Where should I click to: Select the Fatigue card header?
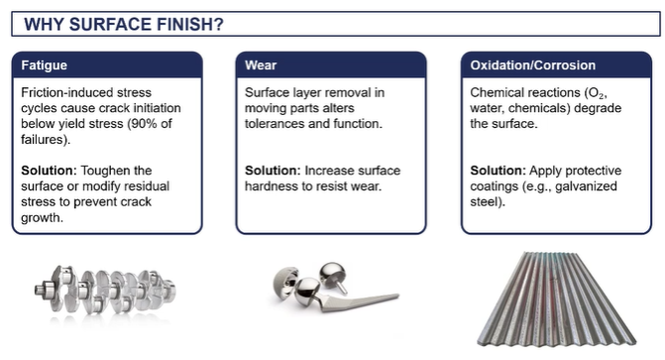tap(44, 65)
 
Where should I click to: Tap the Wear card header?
tap(262, 65)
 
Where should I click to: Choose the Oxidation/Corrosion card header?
tap(533, 65)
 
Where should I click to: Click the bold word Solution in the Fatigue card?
tap(47, 171)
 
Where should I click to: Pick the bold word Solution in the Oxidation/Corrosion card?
tap(496, 171)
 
